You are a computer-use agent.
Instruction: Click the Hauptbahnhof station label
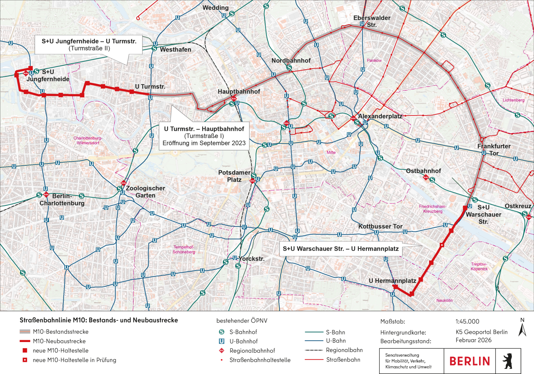[239, 91]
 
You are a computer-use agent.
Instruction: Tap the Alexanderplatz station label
[380, 116]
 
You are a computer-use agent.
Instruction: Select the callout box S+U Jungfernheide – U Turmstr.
[89, 45]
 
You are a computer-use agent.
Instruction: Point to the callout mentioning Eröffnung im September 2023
[204, 136]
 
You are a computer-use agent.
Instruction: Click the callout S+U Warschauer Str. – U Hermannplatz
[341, 249]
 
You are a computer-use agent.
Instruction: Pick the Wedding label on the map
[215, 7]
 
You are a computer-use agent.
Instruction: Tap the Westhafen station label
[176, 50]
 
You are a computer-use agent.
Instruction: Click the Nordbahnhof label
[291, 60]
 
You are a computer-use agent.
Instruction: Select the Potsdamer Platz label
[234, 176]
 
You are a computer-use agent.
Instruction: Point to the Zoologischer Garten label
[145, 192]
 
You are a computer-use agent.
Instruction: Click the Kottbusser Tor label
[380, 226]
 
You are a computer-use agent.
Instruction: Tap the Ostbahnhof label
[423, 171]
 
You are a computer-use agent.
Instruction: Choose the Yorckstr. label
[251, 259]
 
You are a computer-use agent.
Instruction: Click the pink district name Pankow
[374, 60]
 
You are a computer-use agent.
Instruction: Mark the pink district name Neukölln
[444, 300]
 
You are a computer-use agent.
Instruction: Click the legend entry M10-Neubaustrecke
[59, 341]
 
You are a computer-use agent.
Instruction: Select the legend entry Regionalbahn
[344, 350]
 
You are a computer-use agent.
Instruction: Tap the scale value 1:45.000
[467, 321]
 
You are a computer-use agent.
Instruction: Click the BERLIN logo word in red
[470, 361]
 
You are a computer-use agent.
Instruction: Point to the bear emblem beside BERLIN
[507, 361]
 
